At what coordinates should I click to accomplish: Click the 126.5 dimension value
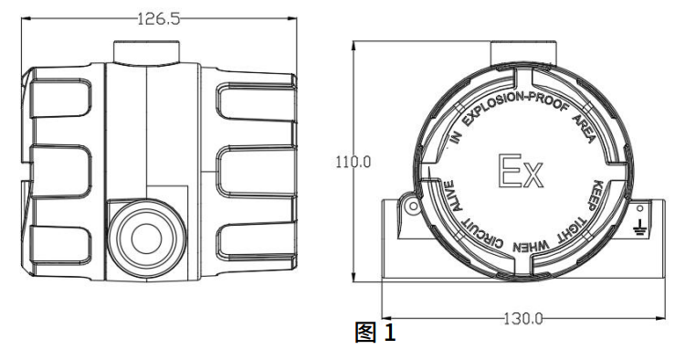158,18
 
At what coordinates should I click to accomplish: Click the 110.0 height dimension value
353,162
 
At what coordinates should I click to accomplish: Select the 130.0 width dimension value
522,319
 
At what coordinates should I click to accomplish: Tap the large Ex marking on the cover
521,171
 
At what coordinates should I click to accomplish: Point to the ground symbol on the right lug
639,227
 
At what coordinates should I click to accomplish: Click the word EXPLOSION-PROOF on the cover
516,108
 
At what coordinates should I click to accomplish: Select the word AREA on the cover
584,128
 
